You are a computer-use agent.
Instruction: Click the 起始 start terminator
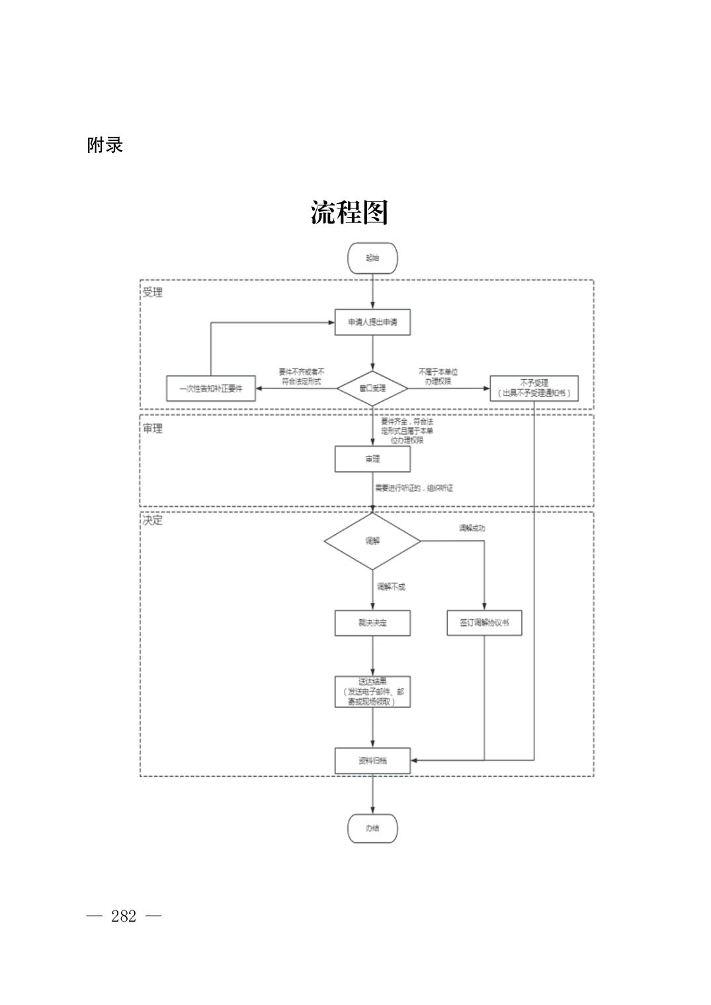(x=372, y=258)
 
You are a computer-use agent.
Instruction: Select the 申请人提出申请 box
(x=372, y=322)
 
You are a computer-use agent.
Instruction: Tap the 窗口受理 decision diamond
(x=372, y=388)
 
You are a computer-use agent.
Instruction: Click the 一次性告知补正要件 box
(x=211, y=388)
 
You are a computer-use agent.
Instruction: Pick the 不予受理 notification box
(x=534, y=388)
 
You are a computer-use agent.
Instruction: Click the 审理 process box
(x=372, y=459)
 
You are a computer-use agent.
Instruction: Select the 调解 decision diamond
(x=372, y=541)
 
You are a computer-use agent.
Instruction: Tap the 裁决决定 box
(x=372, y=623)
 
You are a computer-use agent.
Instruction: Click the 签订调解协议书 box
(x=484, y=623)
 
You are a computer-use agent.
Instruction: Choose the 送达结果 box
(x=372, y=691)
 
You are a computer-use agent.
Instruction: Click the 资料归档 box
(x=372, y=760)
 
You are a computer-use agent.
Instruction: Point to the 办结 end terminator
(x=372, y=828)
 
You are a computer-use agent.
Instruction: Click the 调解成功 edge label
(x=472, y=528)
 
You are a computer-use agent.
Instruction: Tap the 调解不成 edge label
(x=391, y=586)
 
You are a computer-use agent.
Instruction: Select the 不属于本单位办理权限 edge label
(x=437, y=376)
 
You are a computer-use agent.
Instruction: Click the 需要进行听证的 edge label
(x=414, y=488)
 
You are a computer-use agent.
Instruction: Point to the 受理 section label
(x=153, y=292)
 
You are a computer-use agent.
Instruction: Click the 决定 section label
(x=153, y=520)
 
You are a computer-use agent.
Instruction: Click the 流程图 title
(x=349, y=212)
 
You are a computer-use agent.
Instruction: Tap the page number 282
(x=124, y=916)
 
